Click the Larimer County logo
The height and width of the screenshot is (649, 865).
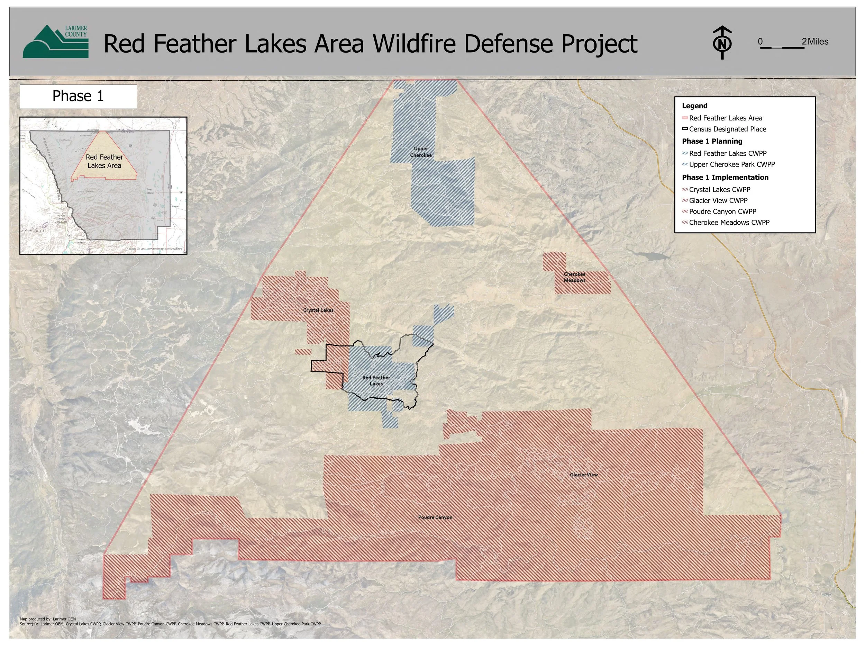(x=55, y=42)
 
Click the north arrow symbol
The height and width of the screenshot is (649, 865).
(x=722, y=43)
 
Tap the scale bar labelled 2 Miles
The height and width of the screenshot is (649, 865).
(x=782, y=47)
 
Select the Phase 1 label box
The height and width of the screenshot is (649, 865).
(x=78, y=96)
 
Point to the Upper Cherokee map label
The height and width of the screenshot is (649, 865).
(x=421, y=152)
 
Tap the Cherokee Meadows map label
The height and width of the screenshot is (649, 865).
(x=574, y=277)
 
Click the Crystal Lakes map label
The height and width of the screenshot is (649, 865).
(x=318, y=310)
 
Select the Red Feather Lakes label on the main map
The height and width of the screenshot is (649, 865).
(x=376, y=380)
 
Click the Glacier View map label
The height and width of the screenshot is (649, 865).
(x=583, y=475)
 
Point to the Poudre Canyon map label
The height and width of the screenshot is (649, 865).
(x=435, y=517)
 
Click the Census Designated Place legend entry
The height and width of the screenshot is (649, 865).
(x=727, y=129)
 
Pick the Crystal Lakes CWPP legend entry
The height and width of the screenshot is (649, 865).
(x=720, y=190)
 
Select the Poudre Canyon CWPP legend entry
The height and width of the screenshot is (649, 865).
(x=722, y=211)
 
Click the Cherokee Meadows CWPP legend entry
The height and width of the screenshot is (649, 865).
(x=729, y=223)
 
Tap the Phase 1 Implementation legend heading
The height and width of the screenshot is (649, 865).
(x=725, y=177)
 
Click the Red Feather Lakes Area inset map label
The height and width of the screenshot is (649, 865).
(x=104, y=161)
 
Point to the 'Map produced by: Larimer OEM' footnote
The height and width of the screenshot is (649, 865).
(x=48, y=619)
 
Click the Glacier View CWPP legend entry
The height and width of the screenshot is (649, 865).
(x=718, y=201)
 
